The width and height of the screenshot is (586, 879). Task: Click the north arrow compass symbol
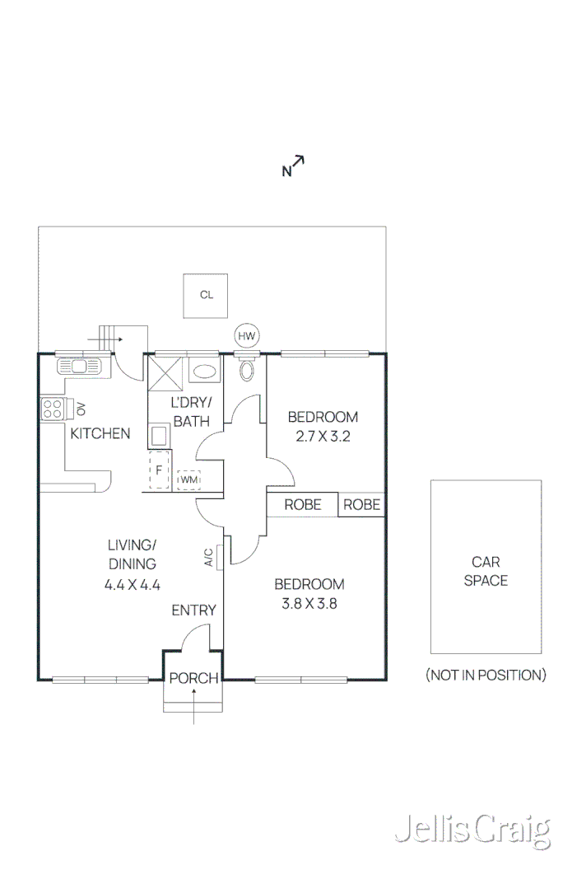point(294,166)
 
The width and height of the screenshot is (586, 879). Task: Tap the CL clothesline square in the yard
point(206,295)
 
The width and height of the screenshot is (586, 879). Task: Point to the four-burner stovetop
point(53,409)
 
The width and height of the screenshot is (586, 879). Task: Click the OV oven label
point(81,409)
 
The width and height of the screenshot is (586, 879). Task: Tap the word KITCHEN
point(100,433)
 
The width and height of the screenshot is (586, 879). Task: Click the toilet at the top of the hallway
point(246,370)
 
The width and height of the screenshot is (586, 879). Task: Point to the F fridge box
point(160,471)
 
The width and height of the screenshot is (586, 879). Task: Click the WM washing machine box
point(188,479)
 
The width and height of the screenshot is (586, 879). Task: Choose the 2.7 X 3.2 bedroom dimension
point(323,437)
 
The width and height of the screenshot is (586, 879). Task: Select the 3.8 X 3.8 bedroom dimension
point(309,603)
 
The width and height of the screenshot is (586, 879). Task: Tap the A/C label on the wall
point(208,558)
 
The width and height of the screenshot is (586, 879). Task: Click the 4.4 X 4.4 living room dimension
point(132,585)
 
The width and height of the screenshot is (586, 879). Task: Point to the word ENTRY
point(193,610)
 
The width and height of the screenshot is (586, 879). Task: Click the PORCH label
point(194,679)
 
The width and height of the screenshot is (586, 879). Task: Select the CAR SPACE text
point(486,572)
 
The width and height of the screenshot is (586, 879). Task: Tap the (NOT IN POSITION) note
point(486,676)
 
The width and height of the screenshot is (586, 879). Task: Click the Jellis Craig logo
point(472,830)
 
